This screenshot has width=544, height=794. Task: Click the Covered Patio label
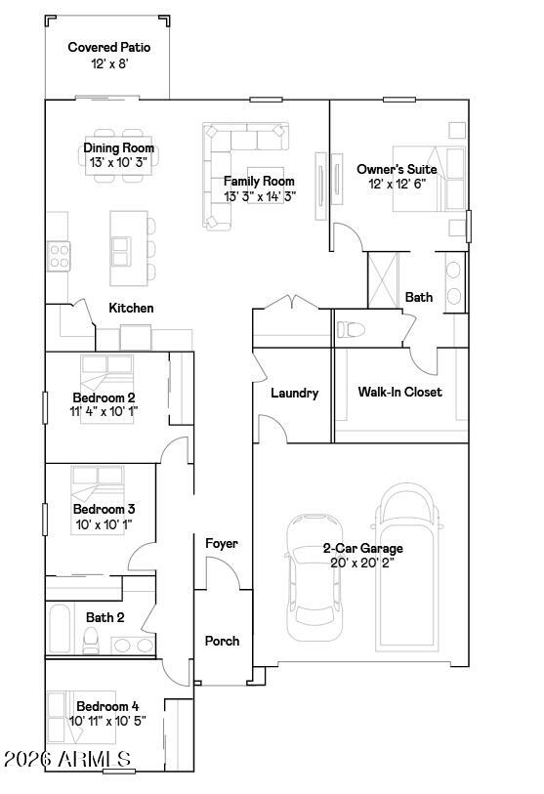point(109,47)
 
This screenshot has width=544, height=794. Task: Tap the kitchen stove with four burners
point(59,256)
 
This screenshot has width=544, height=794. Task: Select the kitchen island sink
point(120,252)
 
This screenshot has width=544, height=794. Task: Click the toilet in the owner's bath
point(351,329)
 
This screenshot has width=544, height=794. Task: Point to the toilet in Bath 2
point(91,641)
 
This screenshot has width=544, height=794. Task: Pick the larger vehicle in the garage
point(406,567)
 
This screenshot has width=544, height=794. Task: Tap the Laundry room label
point(294,393)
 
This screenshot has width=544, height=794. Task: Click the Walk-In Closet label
point(399,392)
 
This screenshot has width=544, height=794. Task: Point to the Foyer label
point(222,543)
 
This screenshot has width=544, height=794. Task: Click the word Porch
point(222,641)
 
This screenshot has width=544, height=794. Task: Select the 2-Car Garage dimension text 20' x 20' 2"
point(362,563)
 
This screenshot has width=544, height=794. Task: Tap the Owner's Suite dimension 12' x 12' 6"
point(397,184)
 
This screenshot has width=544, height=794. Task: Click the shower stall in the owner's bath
point(384,280)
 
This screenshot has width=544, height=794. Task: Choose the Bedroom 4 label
point(107,706)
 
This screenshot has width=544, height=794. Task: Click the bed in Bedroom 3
point(98,500)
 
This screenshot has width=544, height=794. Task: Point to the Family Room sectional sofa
point(245,175)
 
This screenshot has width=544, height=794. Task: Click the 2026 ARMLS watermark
point(67,759)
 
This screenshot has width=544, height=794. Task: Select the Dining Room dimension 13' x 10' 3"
point(118,162)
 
